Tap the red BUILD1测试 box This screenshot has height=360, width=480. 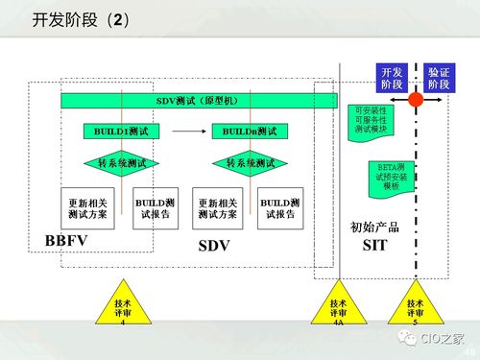click(x=119, y=132)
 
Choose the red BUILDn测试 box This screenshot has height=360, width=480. click(x=249, y=132)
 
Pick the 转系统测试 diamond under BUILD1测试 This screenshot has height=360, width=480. click(x=119, y=163)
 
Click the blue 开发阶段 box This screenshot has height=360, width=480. click(x=392, y=78)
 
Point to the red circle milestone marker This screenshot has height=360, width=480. click(x=416, y=100)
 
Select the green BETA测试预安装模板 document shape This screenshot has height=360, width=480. click(x=390, y=179)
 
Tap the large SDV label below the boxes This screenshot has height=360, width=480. click(x=216, y=245)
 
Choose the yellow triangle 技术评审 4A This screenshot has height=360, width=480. click(x=338, y=309)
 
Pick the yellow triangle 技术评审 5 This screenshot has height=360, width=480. click(x=415, y=309)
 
